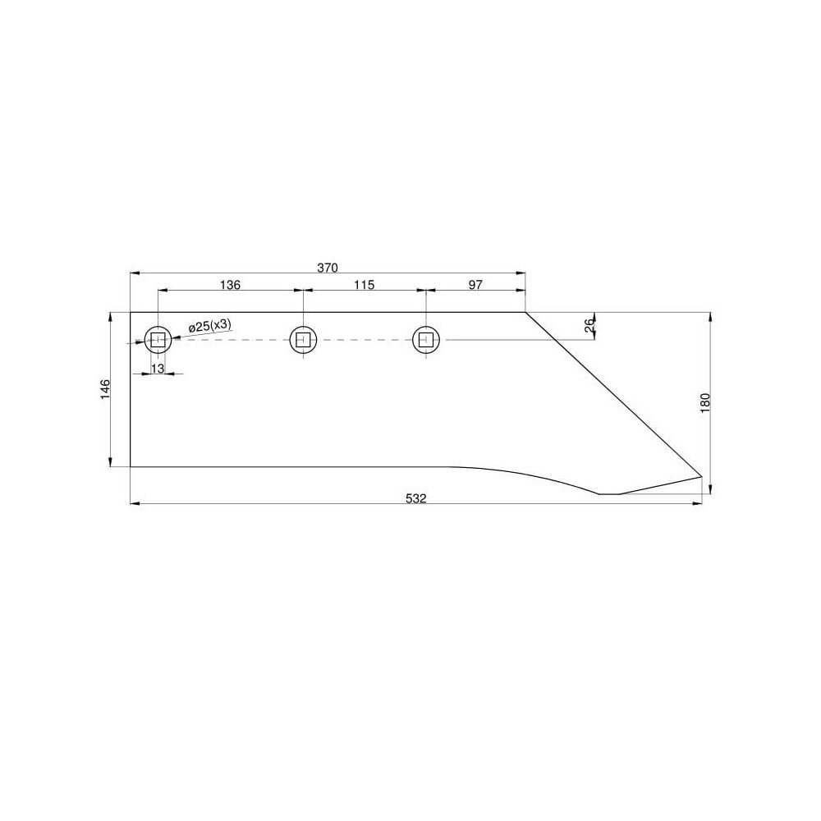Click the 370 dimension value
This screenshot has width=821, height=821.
[328, 268]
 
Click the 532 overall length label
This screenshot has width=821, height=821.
[416, 498]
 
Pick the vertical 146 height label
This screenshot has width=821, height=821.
[105, 389]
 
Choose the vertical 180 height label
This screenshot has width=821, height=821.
[704, 403]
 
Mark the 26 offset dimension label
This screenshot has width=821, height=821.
[589, 326]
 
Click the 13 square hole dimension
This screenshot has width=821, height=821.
[157, 368]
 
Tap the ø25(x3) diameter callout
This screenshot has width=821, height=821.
[209, 326]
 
